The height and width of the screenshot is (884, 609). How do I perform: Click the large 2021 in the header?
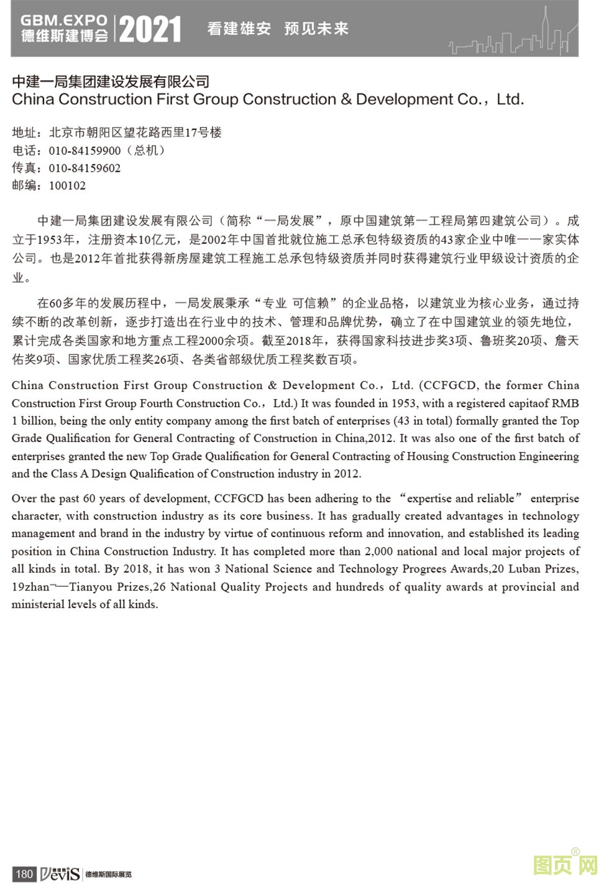tap(150, 29)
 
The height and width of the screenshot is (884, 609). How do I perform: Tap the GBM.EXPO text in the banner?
tap(63, 20)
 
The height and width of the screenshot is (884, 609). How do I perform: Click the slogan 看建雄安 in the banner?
tap(239, 29)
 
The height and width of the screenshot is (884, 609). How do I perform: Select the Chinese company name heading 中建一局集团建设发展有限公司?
tap(111, 81)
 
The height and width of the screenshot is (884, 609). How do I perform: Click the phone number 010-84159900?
tap(85, 150)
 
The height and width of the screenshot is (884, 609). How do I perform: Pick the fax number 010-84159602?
tap(85, 168)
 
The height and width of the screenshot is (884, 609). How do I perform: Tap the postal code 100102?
tap(67, 185)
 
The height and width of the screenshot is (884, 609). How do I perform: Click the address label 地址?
tap(25, 132)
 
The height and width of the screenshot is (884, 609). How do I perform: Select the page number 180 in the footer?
tap(24, 874)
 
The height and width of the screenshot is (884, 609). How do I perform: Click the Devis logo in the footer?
tap(60, 873)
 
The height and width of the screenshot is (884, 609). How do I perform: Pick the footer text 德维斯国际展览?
tap(108, 875)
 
